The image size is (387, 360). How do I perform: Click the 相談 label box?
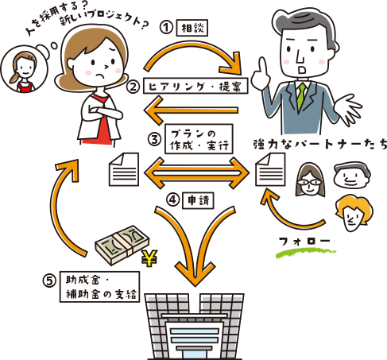(192, 28)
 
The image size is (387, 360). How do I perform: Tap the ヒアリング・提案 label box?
(195, 86)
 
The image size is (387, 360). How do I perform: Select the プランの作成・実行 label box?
(199, 139)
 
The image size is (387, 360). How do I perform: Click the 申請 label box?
(199, 200)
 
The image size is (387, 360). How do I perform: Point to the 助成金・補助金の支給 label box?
(99, 287)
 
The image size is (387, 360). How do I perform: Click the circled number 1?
(167, 28)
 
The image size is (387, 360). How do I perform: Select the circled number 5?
(49, 281)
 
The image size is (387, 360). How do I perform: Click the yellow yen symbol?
(149, 258)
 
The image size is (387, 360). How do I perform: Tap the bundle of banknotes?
(122, 245)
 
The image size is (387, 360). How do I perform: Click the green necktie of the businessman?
(301, 96)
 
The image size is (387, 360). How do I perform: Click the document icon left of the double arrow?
(124, 169)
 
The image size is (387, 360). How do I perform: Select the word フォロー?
(304, 241)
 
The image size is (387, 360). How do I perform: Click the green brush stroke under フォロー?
(306, 253)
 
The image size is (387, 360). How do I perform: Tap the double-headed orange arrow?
(196, 173)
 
